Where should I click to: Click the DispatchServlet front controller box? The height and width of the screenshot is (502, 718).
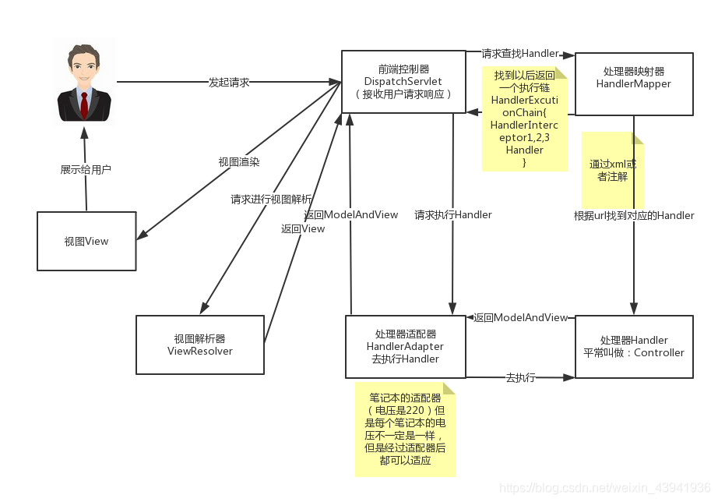[x=403, y=81]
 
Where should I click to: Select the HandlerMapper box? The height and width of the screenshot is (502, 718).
[x=633, y=84]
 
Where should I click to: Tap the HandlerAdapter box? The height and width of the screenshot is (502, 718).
[x=405, y=345]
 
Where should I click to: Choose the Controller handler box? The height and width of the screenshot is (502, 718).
[x=633, y=346]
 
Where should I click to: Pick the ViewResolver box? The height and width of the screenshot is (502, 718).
[x=200, y=345]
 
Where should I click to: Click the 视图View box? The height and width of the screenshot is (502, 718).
[x=86, y=242]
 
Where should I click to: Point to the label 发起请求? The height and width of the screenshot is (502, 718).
[x=229, y=82]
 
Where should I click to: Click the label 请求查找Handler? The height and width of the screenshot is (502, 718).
[x=520, y=54]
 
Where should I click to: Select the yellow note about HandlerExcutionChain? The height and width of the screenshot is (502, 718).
[x=524, y=118]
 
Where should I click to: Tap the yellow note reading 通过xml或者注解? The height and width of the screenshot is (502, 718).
[x=613, y=171]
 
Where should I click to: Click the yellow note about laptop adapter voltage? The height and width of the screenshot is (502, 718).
[x=405, y=429]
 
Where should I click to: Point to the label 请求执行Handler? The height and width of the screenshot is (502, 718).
[x=453, y=214]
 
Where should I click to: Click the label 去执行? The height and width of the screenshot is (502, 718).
[x=520, y=377]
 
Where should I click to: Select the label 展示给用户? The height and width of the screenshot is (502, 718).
[x=86, y=169]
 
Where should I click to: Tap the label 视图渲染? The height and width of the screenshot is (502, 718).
[x=239, y=162]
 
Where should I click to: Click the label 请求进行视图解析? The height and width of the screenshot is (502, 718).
[x=271, y=199]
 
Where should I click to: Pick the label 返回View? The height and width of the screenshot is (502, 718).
[x=303, y=228]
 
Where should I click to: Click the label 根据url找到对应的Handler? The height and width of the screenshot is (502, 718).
[x=634, y=215]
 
